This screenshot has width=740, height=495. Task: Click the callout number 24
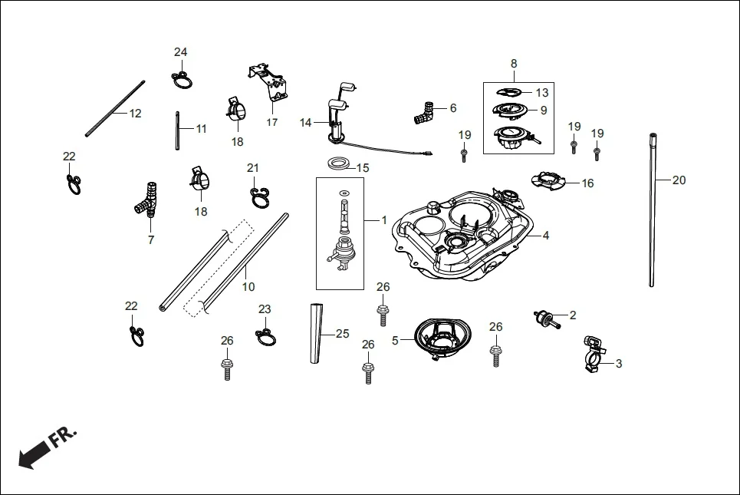coord(180,52)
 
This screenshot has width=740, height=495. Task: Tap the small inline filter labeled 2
coord(544,316)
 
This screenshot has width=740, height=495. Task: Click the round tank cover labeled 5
coord(442,336)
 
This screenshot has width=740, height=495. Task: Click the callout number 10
coord(248,287)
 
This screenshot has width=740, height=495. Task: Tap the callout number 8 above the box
coord(514,63)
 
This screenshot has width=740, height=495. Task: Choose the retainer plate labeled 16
coord(551,181)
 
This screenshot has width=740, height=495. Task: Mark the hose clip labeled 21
coord(258,196)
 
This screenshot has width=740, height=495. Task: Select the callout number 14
coord(306,123)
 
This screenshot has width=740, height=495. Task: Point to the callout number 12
coord(135,114)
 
